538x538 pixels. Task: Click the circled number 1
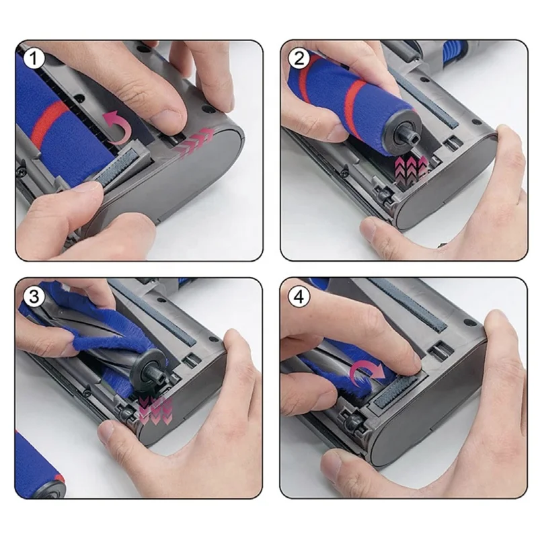pyautogui.click(x=33, y=59)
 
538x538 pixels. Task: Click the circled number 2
pyautogui.click(x=299, y=59)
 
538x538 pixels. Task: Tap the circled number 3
pyautogui.click(x=33, y=297)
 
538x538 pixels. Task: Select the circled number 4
pyautogui.click(x=299, y=297)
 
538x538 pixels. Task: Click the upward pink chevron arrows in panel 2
pyautogui.click(x=411, y=169)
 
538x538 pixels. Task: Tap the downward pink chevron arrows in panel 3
pyautogui.click(x=156, y=410)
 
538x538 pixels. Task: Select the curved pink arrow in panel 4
pyautogui.click(x=367, y=373)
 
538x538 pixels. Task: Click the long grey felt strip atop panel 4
pyautogui.click(x=408, y=305)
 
